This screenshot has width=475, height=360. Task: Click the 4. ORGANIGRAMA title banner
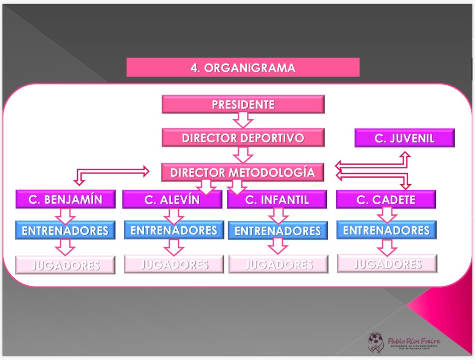[x=243, y=67]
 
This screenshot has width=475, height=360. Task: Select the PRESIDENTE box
[x=243, y=104]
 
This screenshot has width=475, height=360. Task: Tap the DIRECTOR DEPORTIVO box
[x=243, y=138]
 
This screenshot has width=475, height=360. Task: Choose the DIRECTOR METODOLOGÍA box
[x=243, y=173]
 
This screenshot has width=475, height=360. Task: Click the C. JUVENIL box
[x=404, y=138]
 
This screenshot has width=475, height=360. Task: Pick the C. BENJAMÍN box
[x=65, y=199]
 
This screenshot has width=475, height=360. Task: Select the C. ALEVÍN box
[x=172, y=199]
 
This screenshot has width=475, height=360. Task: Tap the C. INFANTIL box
[x=277, y=199]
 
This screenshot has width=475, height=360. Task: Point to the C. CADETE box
[x=386, y=199]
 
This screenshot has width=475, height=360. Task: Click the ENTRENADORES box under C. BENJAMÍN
[x=65, y=230]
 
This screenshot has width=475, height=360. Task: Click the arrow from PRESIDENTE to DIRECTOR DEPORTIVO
[x=243, y=120]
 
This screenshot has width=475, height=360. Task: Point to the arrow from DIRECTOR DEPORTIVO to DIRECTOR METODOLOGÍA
[x=243, y=155]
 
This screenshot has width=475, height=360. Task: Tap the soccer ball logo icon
[x=375, y=342]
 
